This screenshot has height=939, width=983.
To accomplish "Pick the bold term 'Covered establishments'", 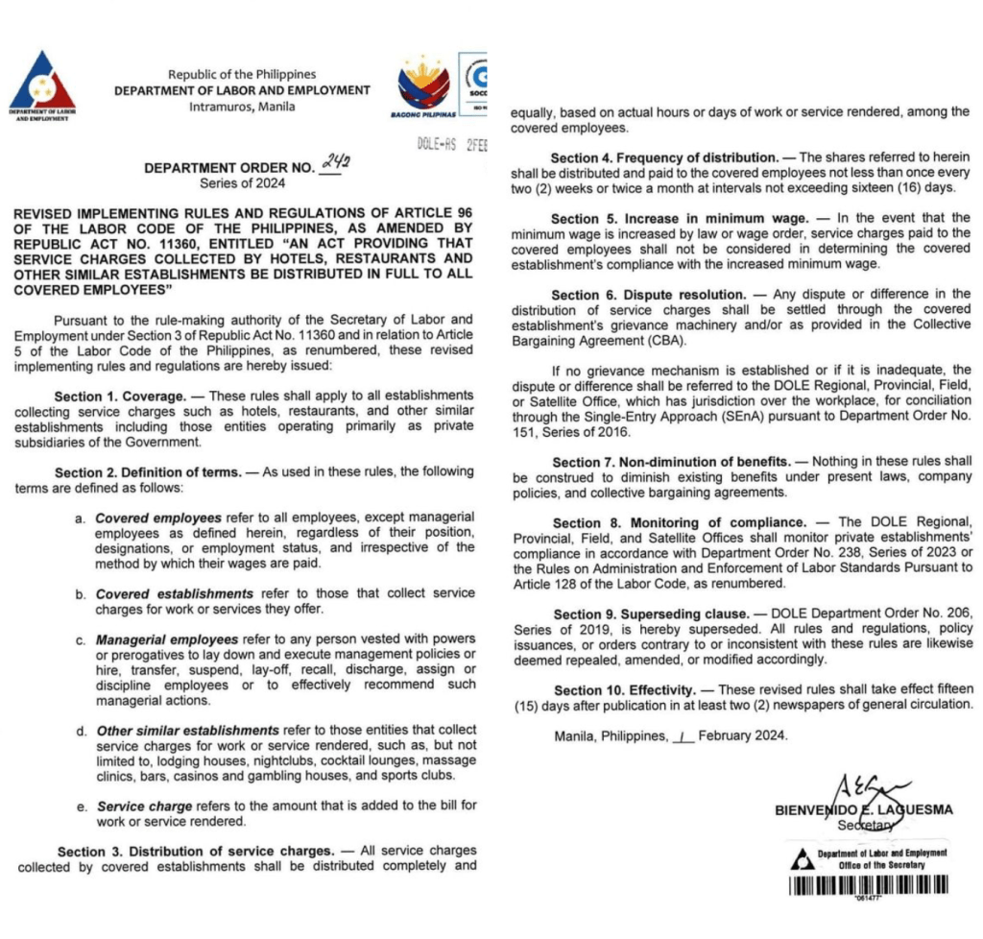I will click(175, 594).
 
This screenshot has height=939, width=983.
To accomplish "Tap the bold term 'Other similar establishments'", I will click(188, 731).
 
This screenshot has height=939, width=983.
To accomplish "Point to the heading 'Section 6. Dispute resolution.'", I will click(649, 294).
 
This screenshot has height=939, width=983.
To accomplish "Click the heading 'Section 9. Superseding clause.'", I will click(651, 614).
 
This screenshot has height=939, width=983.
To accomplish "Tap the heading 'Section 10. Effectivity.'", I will click(625, 689).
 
